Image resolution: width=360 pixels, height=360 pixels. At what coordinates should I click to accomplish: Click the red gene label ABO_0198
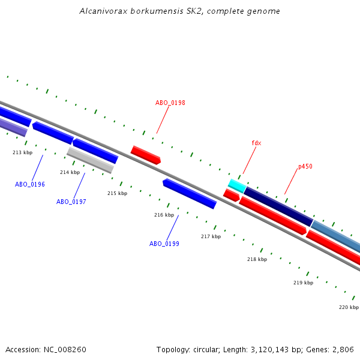pos(170,103)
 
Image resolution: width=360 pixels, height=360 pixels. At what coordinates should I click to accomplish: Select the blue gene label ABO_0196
pos(30,184)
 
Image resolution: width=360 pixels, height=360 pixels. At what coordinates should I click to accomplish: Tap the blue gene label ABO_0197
pos(71,202)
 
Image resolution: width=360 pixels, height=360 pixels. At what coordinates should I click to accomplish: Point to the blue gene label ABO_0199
pos(164,244)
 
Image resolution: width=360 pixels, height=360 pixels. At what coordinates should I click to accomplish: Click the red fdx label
pos(256,143)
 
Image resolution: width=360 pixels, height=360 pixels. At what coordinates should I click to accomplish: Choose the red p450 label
pos(305,166)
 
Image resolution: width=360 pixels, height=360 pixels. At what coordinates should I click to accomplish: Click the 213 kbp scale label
pos(22,152)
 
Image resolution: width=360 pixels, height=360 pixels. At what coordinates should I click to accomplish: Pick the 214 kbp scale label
pos(70,172)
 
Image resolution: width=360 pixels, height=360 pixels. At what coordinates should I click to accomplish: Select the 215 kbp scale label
pos(117,193)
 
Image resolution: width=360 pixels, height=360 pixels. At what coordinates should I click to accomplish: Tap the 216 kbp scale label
pos(164,215)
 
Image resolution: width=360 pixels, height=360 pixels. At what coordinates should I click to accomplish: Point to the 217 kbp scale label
pos(211,236)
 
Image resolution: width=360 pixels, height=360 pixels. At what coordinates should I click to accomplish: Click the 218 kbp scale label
pos(257,259)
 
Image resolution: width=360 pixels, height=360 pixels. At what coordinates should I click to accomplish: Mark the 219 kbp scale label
pos(303,283)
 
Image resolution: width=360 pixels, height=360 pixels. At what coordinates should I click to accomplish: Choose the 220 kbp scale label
pos(349,307)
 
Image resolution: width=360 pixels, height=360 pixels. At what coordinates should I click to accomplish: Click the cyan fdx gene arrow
pos(236,185)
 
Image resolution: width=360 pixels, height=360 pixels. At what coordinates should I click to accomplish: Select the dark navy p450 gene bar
pos(278,206)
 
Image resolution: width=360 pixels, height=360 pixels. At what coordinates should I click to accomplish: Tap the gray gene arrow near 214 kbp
pos(90,160)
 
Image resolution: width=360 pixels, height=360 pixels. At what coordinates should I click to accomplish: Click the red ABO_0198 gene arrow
pos(146,155)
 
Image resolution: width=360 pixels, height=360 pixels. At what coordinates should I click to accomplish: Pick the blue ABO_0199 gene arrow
pos(189,193)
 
